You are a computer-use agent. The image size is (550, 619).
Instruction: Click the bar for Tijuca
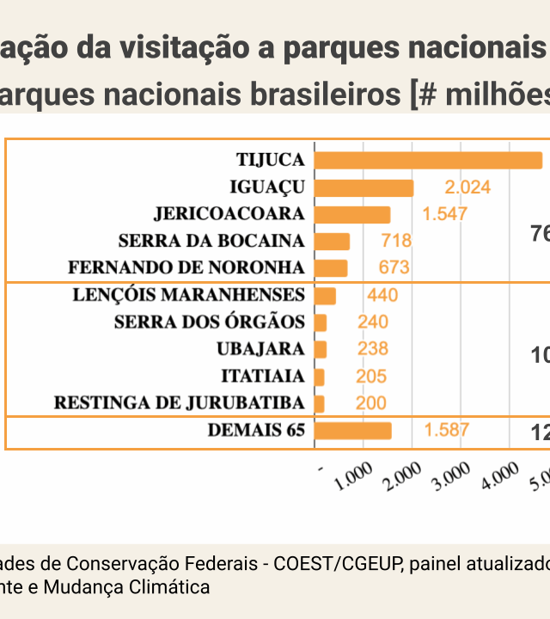pyautogui.click(x=428, y=161)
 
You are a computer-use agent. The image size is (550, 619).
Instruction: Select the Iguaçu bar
pyautogui.click(x=364, y=187)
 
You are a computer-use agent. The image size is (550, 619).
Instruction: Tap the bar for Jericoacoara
pyautogui.click(x=352, y=214)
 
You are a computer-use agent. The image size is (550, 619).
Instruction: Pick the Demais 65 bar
pyautogui.click(x=353, y=431)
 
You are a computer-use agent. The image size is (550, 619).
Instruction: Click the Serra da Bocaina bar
pyautogui.click(x=333, y=241)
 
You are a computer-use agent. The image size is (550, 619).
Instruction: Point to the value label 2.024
pyautogui.click(x=467, y=187)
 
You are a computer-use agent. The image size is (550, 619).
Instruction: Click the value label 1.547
pyautogui.click(x=444, y=214)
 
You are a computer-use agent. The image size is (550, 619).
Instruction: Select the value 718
pyautogui.click(x=396, y=241)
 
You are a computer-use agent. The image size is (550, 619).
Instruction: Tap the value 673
pyautogui.click(x=394, y=267)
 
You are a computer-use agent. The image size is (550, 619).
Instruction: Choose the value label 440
pyautogui.click(x=382, y=296)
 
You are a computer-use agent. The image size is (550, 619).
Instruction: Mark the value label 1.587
pyautogui.click(x=447, y=430)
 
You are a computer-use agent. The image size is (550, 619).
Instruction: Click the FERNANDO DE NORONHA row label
pyautogui.click(x=186, y=267)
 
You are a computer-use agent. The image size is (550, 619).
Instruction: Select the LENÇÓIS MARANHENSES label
pyautogui.click(x=189, y=296)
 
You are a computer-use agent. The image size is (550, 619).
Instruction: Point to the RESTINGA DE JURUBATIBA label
pyautogui.click(x=179, y=403)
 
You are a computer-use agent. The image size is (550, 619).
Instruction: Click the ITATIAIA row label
pyautogui.click(x=263, y=377)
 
